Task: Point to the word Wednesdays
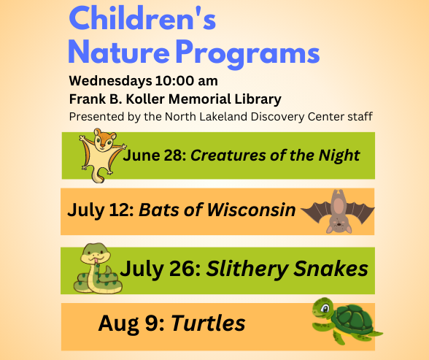pos(107,80)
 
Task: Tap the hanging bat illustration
pos(338,211)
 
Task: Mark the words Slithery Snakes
pos(287,269)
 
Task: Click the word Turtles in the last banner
pos(208,323)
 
